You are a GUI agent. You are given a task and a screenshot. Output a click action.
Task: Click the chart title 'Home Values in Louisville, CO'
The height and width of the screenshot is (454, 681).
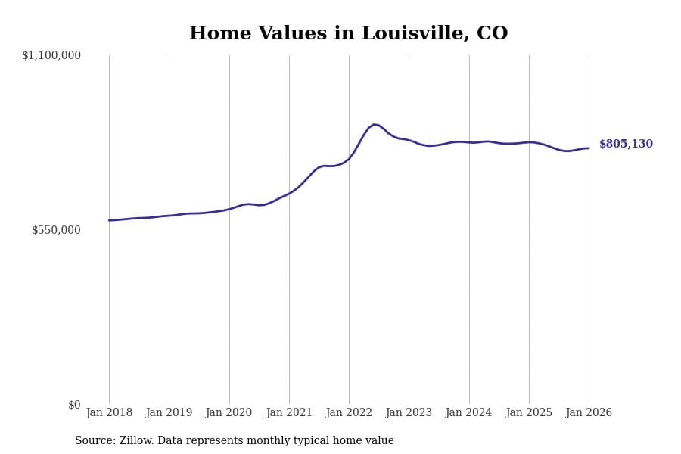click(x=348, y=34)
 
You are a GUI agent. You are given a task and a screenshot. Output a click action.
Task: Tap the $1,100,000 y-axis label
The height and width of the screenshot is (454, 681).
click(x=51, y=55)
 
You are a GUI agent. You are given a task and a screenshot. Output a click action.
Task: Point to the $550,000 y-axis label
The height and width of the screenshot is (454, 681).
click(x=56, y=230)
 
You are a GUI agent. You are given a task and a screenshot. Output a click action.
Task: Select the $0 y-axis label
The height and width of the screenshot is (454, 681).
click(x=74, y=405)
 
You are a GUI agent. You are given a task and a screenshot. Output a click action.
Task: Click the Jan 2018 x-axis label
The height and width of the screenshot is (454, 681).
click(x=109, y=412)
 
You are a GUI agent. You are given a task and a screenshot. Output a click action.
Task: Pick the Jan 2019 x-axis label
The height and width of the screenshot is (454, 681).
click(x=169, y=412)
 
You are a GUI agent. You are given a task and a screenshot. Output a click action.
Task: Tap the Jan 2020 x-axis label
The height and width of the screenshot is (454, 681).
click(x=229, y=412)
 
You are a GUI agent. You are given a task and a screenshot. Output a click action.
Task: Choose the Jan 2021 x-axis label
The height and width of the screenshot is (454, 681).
click(x=289, y=412)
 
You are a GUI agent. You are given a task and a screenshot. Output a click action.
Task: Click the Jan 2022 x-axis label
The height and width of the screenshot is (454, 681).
click(x=349, y=412)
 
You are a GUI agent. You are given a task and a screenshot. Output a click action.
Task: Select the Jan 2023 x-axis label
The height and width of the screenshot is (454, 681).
click(x=409, y=412)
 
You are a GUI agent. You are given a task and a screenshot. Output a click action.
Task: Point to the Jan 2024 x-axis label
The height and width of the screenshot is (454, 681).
click(x=468, y=412)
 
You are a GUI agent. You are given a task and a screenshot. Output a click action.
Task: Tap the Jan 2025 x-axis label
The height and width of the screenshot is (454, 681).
click(x=529, y=412)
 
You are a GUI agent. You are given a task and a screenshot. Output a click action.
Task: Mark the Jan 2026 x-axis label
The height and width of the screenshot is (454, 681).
click(x=589, y=412)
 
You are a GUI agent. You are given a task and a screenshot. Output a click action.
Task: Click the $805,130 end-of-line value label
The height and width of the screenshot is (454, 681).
click(x=626, y=145)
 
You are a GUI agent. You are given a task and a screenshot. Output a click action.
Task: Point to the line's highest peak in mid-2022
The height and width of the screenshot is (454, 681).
click(x=374, y=124)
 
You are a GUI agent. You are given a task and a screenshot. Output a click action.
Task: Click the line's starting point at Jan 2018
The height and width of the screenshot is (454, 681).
click(x=109, y=220)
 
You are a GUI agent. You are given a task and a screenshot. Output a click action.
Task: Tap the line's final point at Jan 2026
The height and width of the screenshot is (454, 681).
click(x=589, y=148)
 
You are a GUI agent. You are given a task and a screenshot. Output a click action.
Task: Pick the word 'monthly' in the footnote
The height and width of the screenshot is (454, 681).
click(x=301, y=441)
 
